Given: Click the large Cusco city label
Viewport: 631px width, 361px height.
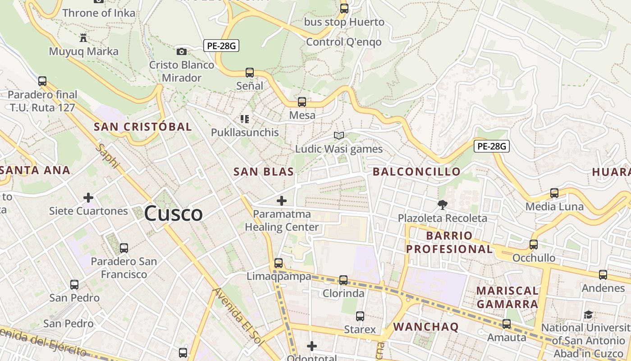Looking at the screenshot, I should pos(174,213).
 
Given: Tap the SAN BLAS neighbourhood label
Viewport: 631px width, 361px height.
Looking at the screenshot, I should pos(264,171).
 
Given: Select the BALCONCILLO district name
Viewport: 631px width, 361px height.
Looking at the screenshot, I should pos(417,171).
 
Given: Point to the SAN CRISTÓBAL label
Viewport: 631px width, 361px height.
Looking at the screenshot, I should pos(143,127).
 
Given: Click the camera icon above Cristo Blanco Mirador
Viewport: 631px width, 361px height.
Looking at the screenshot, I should pos(182,51).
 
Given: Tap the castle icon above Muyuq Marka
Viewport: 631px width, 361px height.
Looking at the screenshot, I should pos(83,37).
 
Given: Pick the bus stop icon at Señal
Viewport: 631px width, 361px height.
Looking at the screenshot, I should pos(250,72).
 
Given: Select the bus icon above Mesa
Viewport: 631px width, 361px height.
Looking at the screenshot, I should pos(302,102).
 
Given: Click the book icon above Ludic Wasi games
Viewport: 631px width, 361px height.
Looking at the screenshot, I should pos(339,135).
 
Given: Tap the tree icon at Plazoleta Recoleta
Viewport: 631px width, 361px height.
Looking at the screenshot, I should pos(442,205).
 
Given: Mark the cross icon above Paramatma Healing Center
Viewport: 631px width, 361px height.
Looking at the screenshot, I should pos(282,200).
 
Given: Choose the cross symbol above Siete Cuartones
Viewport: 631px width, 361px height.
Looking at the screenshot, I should pos(88,197).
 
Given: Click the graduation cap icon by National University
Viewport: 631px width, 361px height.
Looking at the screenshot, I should pos(588,315).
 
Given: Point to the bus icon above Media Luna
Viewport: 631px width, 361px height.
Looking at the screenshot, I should pos(554,193).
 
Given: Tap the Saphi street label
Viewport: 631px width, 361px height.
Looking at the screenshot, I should pos(107,156).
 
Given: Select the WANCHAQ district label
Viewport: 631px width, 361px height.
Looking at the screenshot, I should pos(426,327).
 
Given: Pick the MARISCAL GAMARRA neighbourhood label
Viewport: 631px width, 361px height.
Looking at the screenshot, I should pos(508,297).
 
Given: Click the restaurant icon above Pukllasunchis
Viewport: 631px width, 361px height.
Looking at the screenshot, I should pos(245,119).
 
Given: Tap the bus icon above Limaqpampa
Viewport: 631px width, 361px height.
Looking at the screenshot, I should pos(279,263).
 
